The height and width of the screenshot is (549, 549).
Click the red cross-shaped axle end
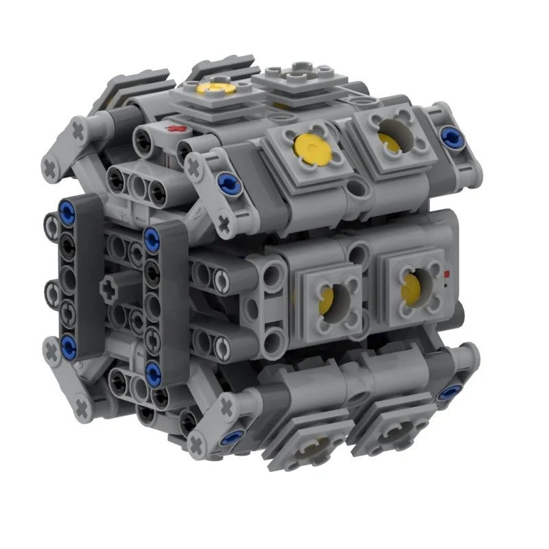[x=180, y=128]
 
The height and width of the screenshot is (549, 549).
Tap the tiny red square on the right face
[x=447, y=274]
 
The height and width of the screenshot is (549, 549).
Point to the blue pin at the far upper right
[x=452, y=136]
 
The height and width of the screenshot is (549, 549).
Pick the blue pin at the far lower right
[x=451, y=393]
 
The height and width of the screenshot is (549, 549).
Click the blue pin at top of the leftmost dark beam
[x=68, y=207]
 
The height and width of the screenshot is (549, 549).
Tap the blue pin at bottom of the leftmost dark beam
[x=69, y=344]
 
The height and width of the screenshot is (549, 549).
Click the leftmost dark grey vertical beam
[x=88, y=274]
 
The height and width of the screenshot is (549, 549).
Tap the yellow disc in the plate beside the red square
[x=414, y=288]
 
